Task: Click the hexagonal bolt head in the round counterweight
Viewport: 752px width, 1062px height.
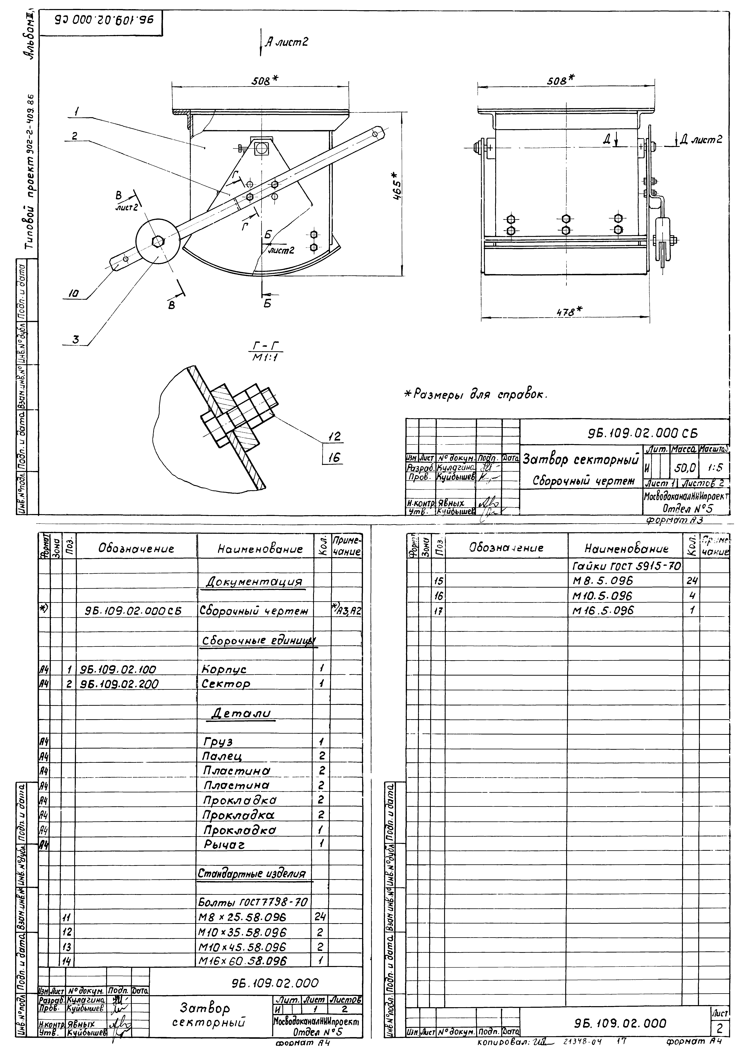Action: (157, 241)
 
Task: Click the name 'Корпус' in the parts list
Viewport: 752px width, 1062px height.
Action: (224, 669)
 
